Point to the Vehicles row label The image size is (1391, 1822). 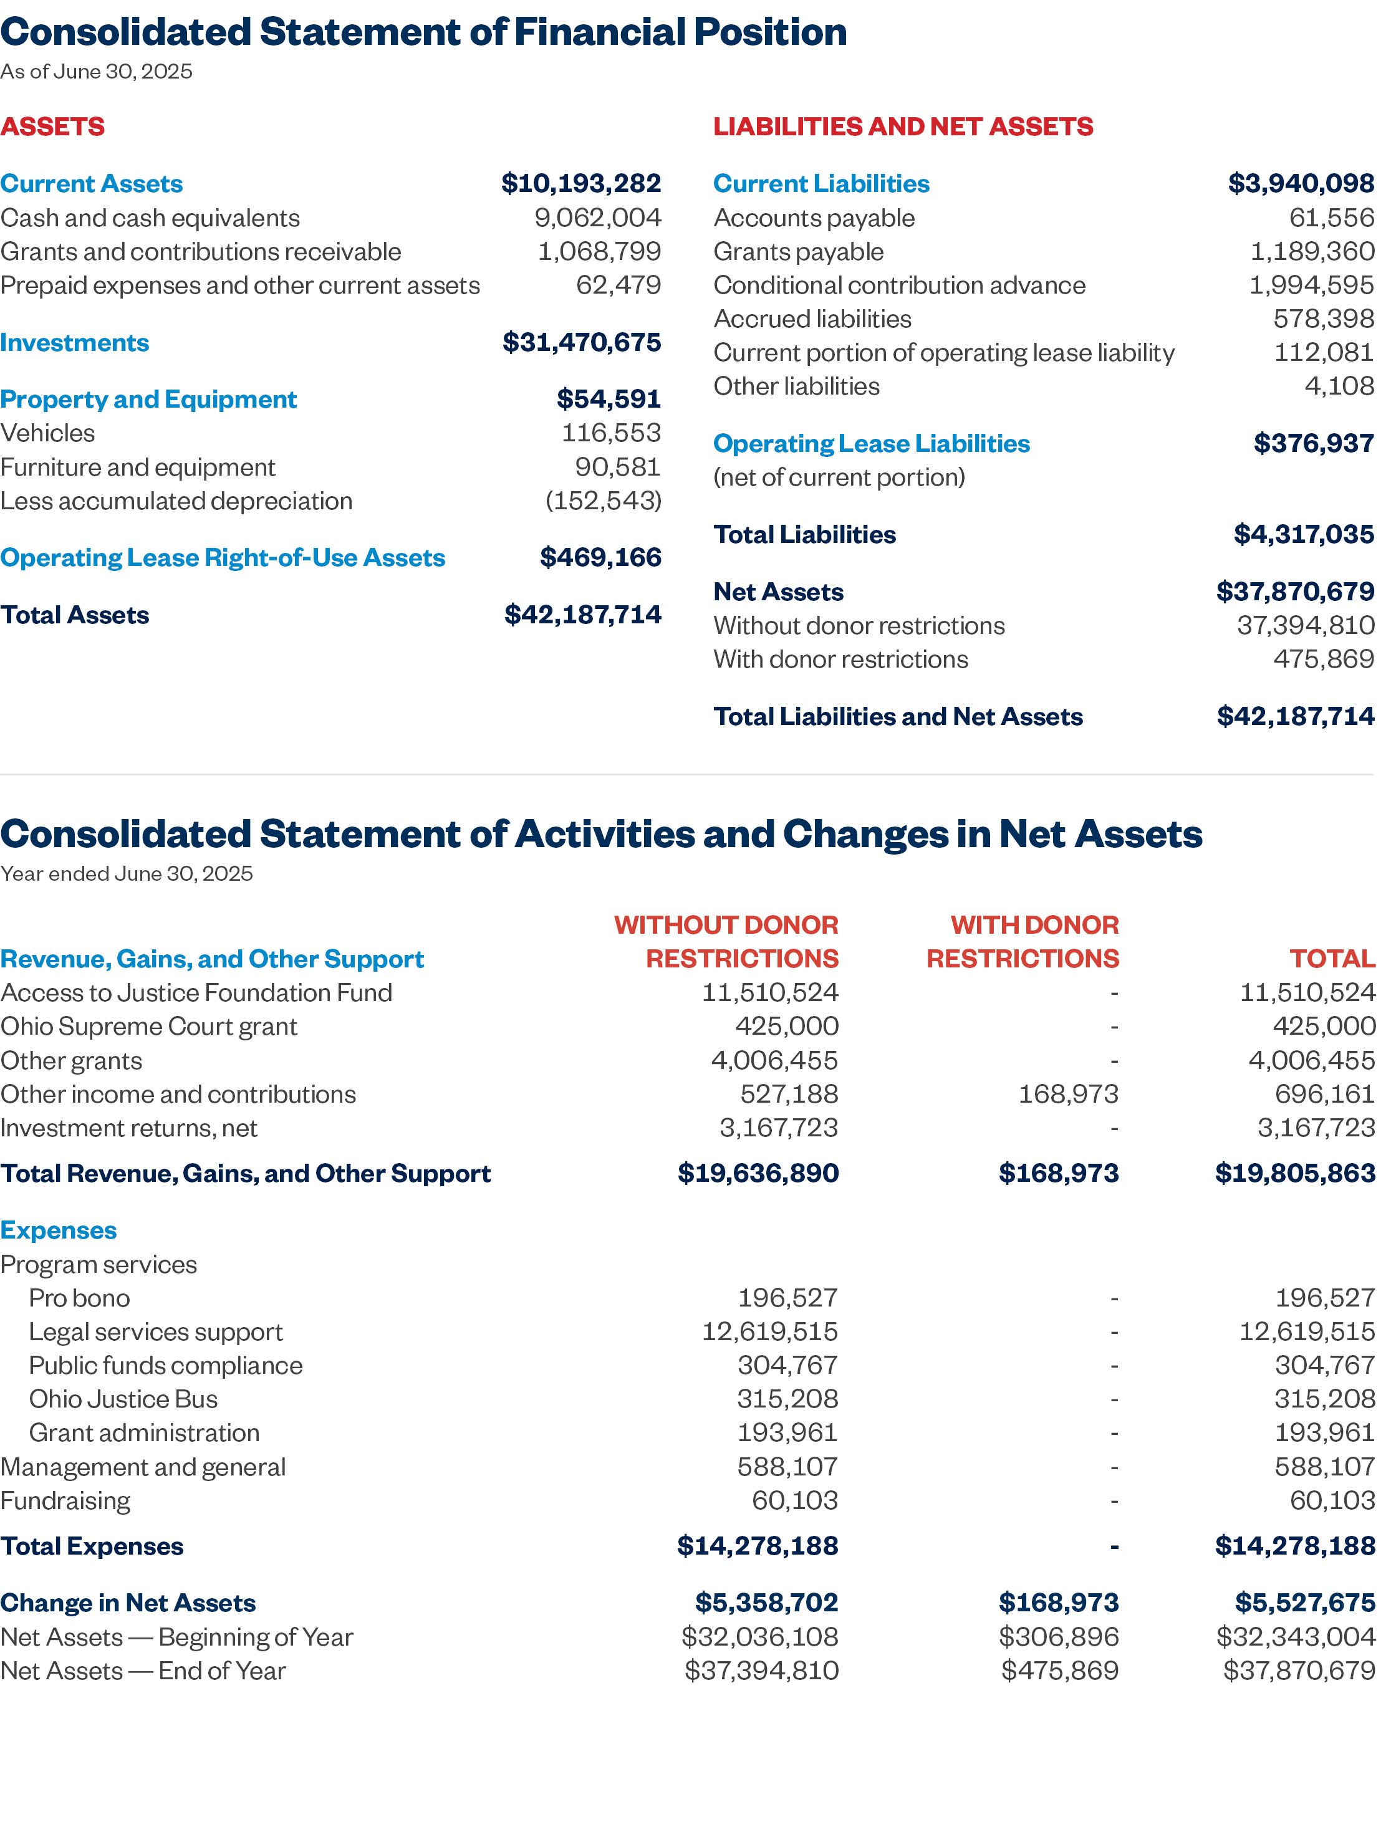pos(47,433)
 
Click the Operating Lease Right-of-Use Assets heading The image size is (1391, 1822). pos(222,557)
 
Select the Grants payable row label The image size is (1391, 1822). pos(798,252)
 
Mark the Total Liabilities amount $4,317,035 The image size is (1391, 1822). pos(1303,534)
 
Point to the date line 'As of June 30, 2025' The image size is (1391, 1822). pos(96,72)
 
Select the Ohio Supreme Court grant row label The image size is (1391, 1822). pos(148,1027)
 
